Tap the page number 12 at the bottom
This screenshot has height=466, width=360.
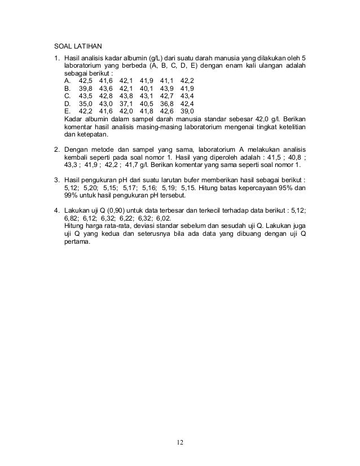click(x=179, y=442)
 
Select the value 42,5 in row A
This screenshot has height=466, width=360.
click(x=86, y=81)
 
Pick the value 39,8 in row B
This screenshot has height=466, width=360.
click(x=86, y=89)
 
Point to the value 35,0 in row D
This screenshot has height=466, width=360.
click(x=86, y=104)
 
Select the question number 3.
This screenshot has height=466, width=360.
click(x=56, y=180)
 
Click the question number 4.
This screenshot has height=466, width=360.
click(x=56, y=210)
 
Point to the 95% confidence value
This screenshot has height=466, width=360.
click(x=285, y=188)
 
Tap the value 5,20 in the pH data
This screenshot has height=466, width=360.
click(x=89, y=188)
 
